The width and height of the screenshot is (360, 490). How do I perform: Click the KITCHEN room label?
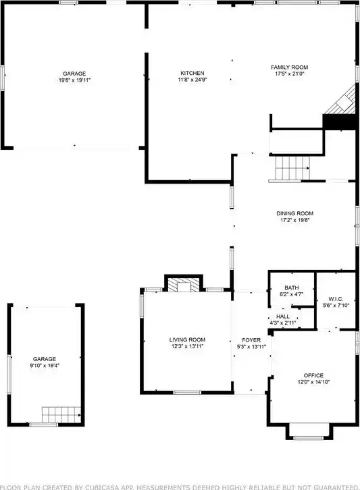pos(192,73)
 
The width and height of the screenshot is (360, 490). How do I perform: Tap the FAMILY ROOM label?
pos(289,67)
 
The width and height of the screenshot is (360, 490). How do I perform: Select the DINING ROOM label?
pos(294,213)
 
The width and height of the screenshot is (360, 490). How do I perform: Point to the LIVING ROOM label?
pos(187,339)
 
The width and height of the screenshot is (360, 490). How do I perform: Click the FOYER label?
pos(251,340)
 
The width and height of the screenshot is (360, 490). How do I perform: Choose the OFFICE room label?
pos(313,375)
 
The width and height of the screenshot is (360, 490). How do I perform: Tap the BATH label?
pos(292,288)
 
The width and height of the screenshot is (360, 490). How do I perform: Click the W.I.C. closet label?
pos(336,299)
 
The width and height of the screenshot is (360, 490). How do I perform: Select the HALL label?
pos(283,317)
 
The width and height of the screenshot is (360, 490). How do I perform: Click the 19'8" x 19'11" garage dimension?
pos(74,80)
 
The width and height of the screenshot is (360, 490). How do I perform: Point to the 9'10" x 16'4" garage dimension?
pos(45,366)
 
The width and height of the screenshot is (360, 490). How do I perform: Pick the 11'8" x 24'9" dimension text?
pos(192,80)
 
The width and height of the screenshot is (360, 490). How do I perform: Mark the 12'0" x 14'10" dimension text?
pos(313,382)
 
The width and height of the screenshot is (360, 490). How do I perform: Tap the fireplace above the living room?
pos(184,284)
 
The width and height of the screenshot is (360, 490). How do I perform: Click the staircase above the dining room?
pos(292,168)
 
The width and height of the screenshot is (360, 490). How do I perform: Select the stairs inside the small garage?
pos(61,414)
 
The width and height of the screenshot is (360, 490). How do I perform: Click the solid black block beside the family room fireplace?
pos(340,121)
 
